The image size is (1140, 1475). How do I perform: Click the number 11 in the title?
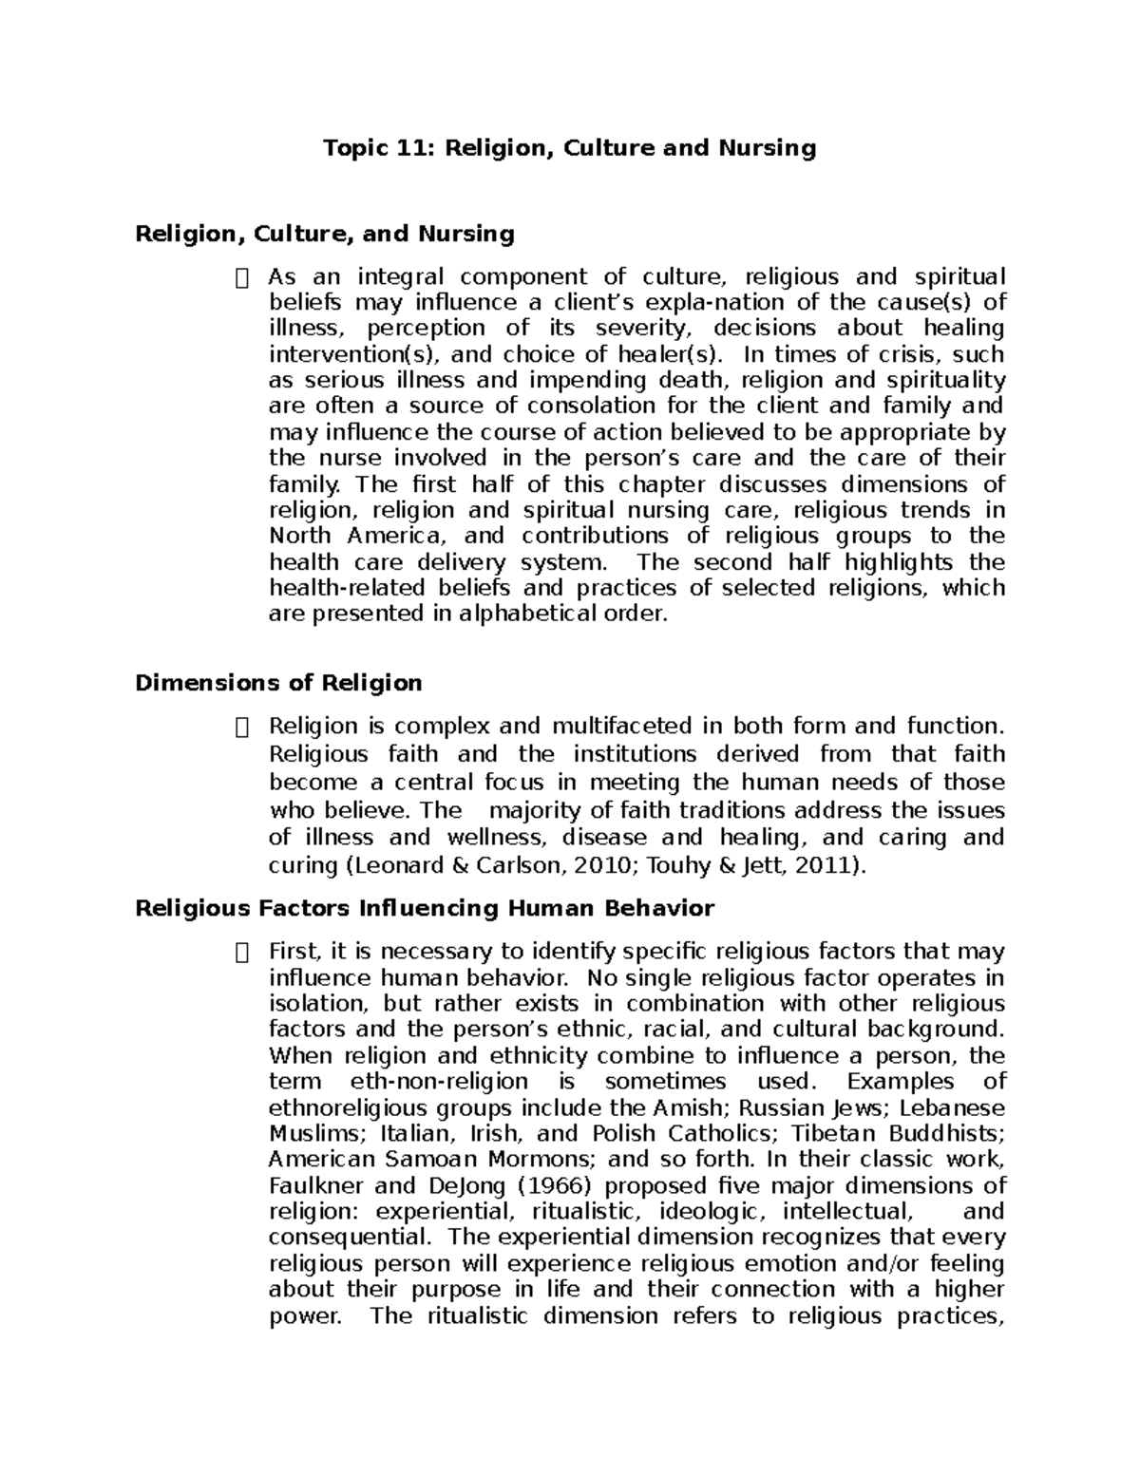pyautogui.click(x=417, y=148)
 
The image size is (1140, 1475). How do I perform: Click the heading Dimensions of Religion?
pyautogui.click(x=278, y=683)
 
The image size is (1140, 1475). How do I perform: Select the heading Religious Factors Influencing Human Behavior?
pyautogui.click(x=424, y=908)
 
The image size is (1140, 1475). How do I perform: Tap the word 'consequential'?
pyautogui.click(x=349, y=1238)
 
